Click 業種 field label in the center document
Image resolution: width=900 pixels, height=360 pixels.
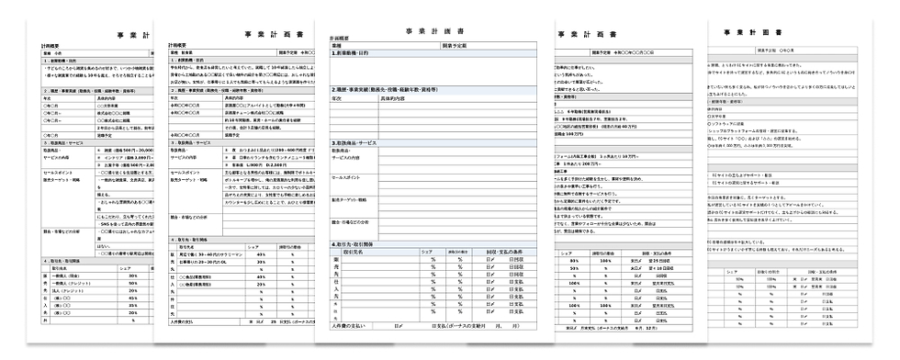pyautogui.click(x=337, y=44)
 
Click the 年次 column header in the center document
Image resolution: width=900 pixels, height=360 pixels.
pyautogui.click(x=336, y=96)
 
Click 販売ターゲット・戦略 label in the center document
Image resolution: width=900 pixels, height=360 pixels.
pyautogui.click(x=355, y=199)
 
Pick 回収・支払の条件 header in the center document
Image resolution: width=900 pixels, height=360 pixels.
pyautogui.click(x=500, y=253)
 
